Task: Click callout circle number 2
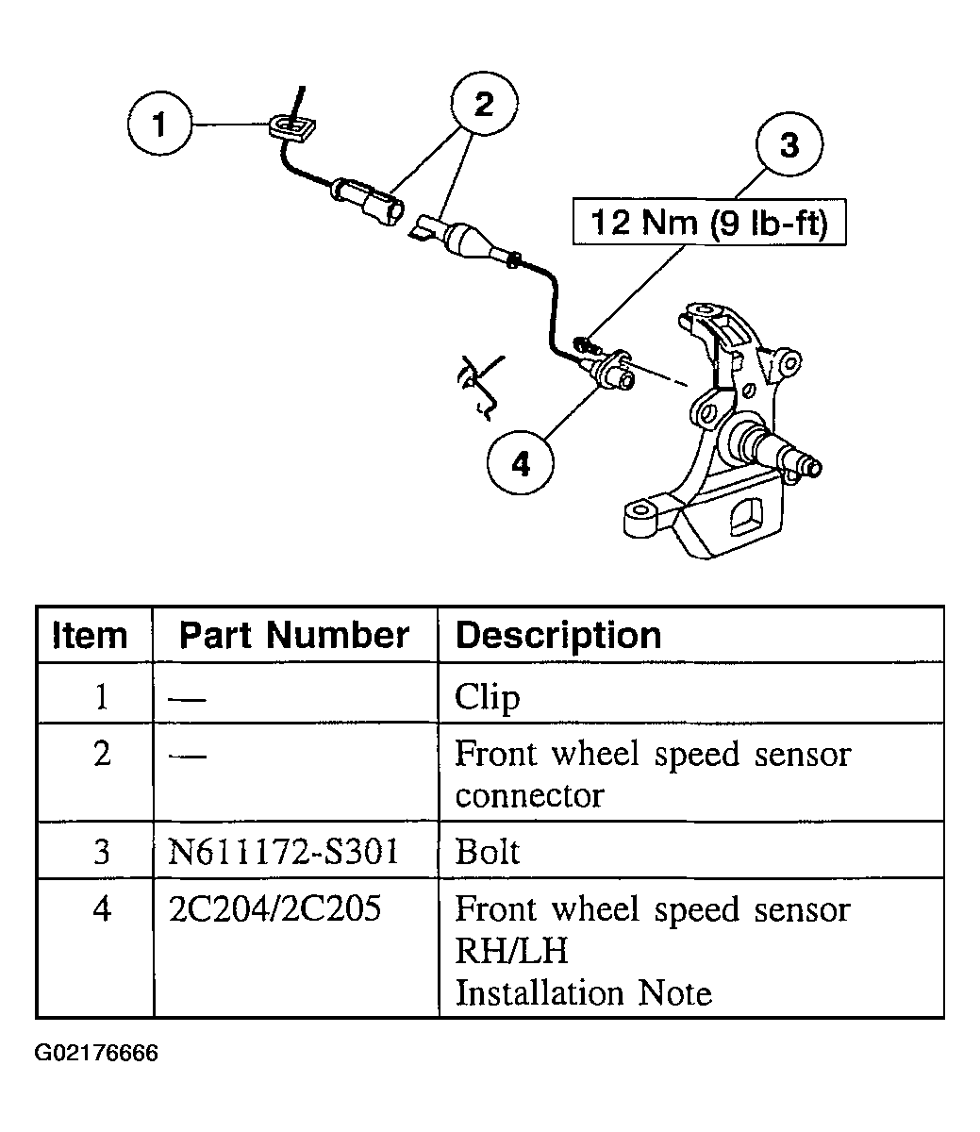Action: coord(484,105)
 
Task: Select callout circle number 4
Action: coord(521,463)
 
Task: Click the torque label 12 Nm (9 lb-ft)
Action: coord(708,223)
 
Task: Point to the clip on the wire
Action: coord(291,127)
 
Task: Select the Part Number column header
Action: coord(294,635)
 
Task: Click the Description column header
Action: coord(558,635)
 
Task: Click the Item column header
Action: coord(91,635)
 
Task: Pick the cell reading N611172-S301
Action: coord(283,852)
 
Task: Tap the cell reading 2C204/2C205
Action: coord(274,908)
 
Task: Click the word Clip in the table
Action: coord(488,698)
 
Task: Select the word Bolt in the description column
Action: coord(488,852)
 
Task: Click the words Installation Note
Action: coord(583,993)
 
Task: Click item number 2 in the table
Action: coord(102,755)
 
